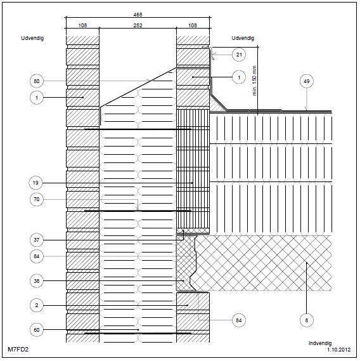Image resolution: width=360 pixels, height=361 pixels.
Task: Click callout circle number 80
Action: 37,81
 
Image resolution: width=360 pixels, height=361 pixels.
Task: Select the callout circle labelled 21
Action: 239,55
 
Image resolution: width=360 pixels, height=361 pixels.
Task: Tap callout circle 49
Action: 307,81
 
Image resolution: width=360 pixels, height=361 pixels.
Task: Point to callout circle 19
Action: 35,183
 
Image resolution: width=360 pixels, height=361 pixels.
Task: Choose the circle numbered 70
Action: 37,199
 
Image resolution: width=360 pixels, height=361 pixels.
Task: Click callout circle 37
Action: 37,240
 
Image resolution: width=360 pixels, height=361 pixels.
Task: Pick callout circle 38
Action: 37,281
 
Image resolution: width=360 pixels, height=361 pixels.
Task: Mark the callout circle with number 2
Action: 37,306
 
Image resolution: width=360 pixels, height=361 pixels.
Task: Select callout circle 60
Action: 37,330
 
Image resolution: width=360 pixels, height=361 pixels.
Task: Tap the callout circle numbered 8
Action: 307,320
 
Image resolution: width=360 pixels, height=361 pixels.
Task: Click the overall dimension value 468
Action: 138,15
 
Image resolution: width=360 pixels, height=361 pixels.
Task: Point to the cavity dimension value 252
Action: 138,25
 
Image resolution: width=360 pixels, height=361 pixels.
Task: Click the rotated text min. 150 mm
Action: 254,81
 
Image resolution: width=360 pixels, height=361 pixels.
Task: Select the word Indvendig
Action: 320,343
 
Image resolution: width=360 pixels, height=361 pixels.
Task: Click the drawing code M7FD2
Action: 18,349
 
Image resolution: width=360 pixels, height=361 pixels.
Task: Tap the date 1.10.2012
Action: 339,350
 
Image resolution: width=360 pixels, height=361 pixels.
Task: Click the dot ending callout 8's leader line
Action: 307,262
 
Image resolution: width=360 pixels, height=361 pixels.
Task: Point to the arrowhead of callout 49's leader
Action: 307,109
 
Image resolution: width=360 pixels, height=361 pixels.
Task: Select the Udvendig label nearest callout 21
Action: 243,38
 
